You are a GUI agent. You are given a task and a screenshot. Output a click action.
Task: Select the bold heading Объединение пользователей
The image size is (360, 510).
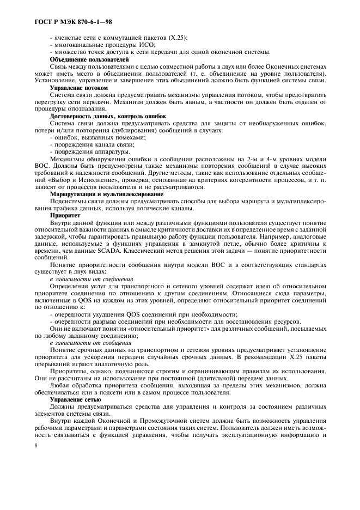(89, 59)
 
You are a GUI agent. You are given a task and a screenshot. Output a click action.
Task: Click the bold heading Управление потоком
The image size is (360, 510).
(78, 87)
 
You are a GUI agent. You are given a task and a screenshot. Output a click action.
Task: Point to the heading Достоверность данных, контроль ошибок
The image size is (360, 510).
(108, 116)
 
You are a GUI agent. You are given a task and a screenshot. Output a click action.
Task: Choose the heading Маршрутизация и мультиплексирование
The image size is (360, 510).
(106, 194)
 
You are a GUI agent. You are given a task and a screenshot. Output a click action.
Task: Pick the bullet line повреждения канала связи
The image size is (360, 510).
(93, 144)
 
